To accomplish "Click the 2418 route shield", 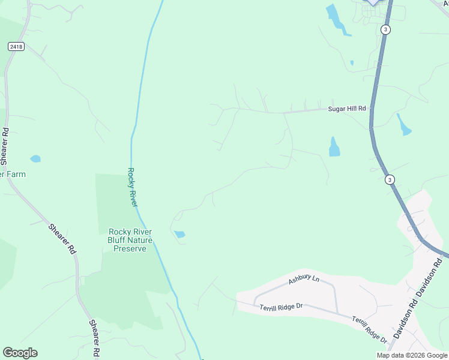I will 16,46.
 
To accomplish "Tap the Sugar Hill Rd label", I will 346,109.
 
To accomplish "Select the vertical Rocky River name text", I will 133,187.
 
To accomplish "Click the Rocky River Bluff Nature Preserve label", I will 130,240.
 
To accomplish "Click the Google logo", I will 20,353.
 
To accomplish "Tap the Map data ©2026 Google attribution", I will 411,355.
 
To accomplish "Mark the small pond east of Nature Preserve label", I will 179,234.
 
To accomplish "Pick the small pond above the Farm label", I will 35,159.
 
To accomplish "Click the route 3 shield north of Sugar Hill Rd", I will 385,29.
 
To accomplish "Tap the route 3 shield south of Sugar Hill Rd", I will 390,179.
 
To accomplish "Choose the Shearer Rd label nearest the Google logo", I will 94,339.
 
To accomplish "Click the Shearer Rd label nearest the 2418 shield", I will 5,146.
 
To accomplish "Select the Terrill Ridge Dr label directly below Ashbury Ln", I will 281,307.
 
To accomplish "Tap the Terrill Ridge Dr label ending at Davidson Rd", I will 369,329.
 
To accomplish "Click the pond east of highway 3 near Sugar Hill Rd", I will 403,124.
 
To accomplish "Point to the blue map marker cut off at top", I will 373,2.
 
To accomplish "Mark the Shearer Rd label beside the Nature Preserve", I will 63,238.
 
